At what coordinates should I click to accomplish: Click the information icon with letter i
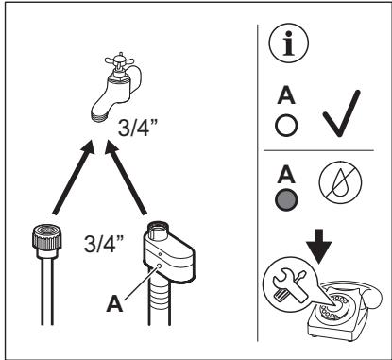tap(289, 43)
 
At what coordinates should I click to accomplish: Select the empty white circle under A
tap(286, 126)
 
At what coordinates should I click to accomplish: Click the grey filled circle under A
tap(286, 199)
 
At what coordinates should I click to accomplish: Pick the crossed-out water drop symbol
tap(340, 182)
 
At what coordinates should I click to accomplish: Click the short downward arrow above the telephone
tap(319, 247)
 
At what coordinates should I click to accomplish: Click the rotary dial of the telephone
tap(334, 306)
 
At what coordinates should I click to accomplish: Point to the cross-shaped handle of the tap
tap(119, 62)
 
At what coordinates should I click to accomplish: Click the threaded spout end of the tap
tap(99, 114)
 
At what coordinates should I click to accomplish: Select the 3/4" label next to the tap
tap(138, 128)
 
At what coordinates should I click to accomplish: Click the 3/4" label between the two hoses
tap(104, 244)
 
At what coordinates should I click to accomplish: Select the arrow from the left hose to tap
tap(74, 178)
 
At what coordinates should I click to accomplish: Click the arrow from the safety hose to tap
tap(126, 178)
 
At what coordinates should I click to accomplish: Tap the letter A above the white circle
tap(286, 95)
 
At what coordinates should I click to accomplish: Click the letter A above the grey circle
tap(286, 175)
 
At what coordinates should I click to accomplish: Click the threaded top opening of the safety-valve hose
tap(158, 228)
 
